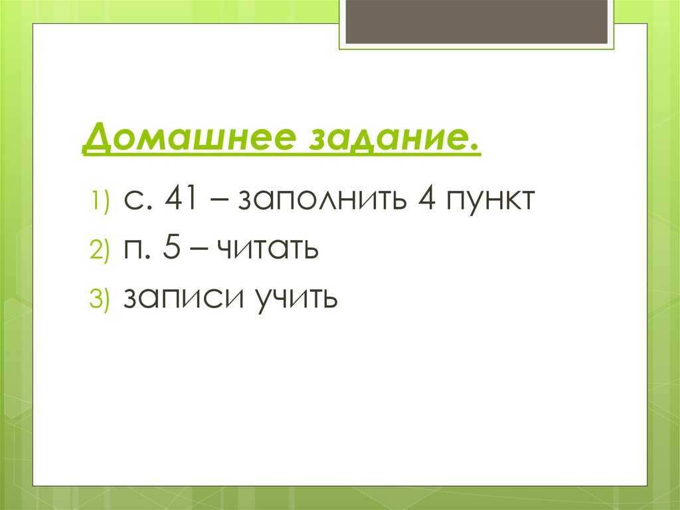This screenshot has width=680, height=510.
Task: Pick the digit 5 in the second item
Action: (x=173, y=249)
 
